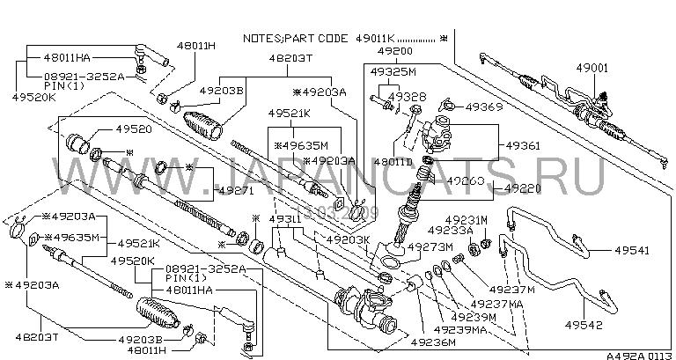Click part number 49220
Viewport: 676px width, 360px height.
[524, 188]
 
